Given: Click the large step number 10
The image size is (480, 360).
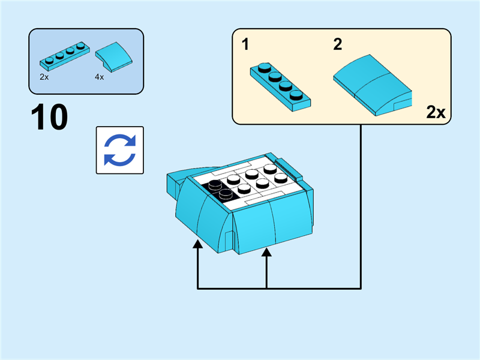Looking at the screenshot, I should pos(50,118).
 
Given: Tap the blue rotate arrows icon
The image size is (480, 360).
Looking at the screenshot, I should pos(120,150).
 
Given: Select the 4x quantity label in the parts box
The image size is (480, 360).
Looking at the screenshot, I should pos(99,77).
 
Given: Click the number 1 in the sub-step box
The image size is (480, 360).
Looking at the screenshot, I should pos(245,44).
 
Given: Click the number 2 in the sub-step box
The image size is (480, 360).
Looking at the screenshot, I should pos(337,44).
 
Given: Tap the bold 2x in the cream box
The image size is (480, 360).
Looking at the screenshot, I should pos(436,112).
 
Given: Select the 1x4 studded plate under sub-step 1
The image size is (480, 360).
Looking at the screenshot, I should pos(280,86).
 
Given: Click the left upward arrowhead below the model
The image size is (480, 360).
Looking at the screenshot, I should pos(197,245).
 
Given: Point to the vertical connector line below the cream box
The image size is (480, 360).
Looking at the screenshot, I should pos(361,204).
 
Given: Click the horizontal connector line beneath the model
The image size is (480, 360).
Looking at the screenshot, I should pos(279,289).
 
